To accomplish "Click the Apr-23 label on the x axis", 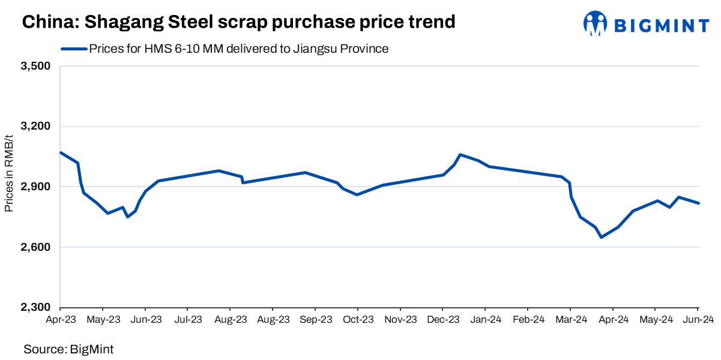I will point(61,320).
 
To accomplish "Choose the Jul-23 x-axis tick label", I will point(188,320).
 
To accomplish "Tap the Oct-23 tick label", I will point(358,320).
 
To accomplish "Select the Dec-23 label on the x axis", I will point(444,320).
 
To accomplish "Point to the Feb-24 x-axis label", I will point(529,320).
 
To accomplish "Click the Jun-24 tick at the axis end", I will point(698,320).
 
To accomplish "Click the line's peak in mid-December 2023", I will point(460,155).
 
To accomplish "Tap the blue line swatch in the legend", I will point(73,49).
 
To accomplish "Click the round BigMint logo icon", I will point(596,23).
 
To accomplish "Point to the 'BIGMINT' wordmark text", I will point(662,25).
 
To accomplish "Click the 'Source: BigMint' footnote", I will point(68,349).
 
